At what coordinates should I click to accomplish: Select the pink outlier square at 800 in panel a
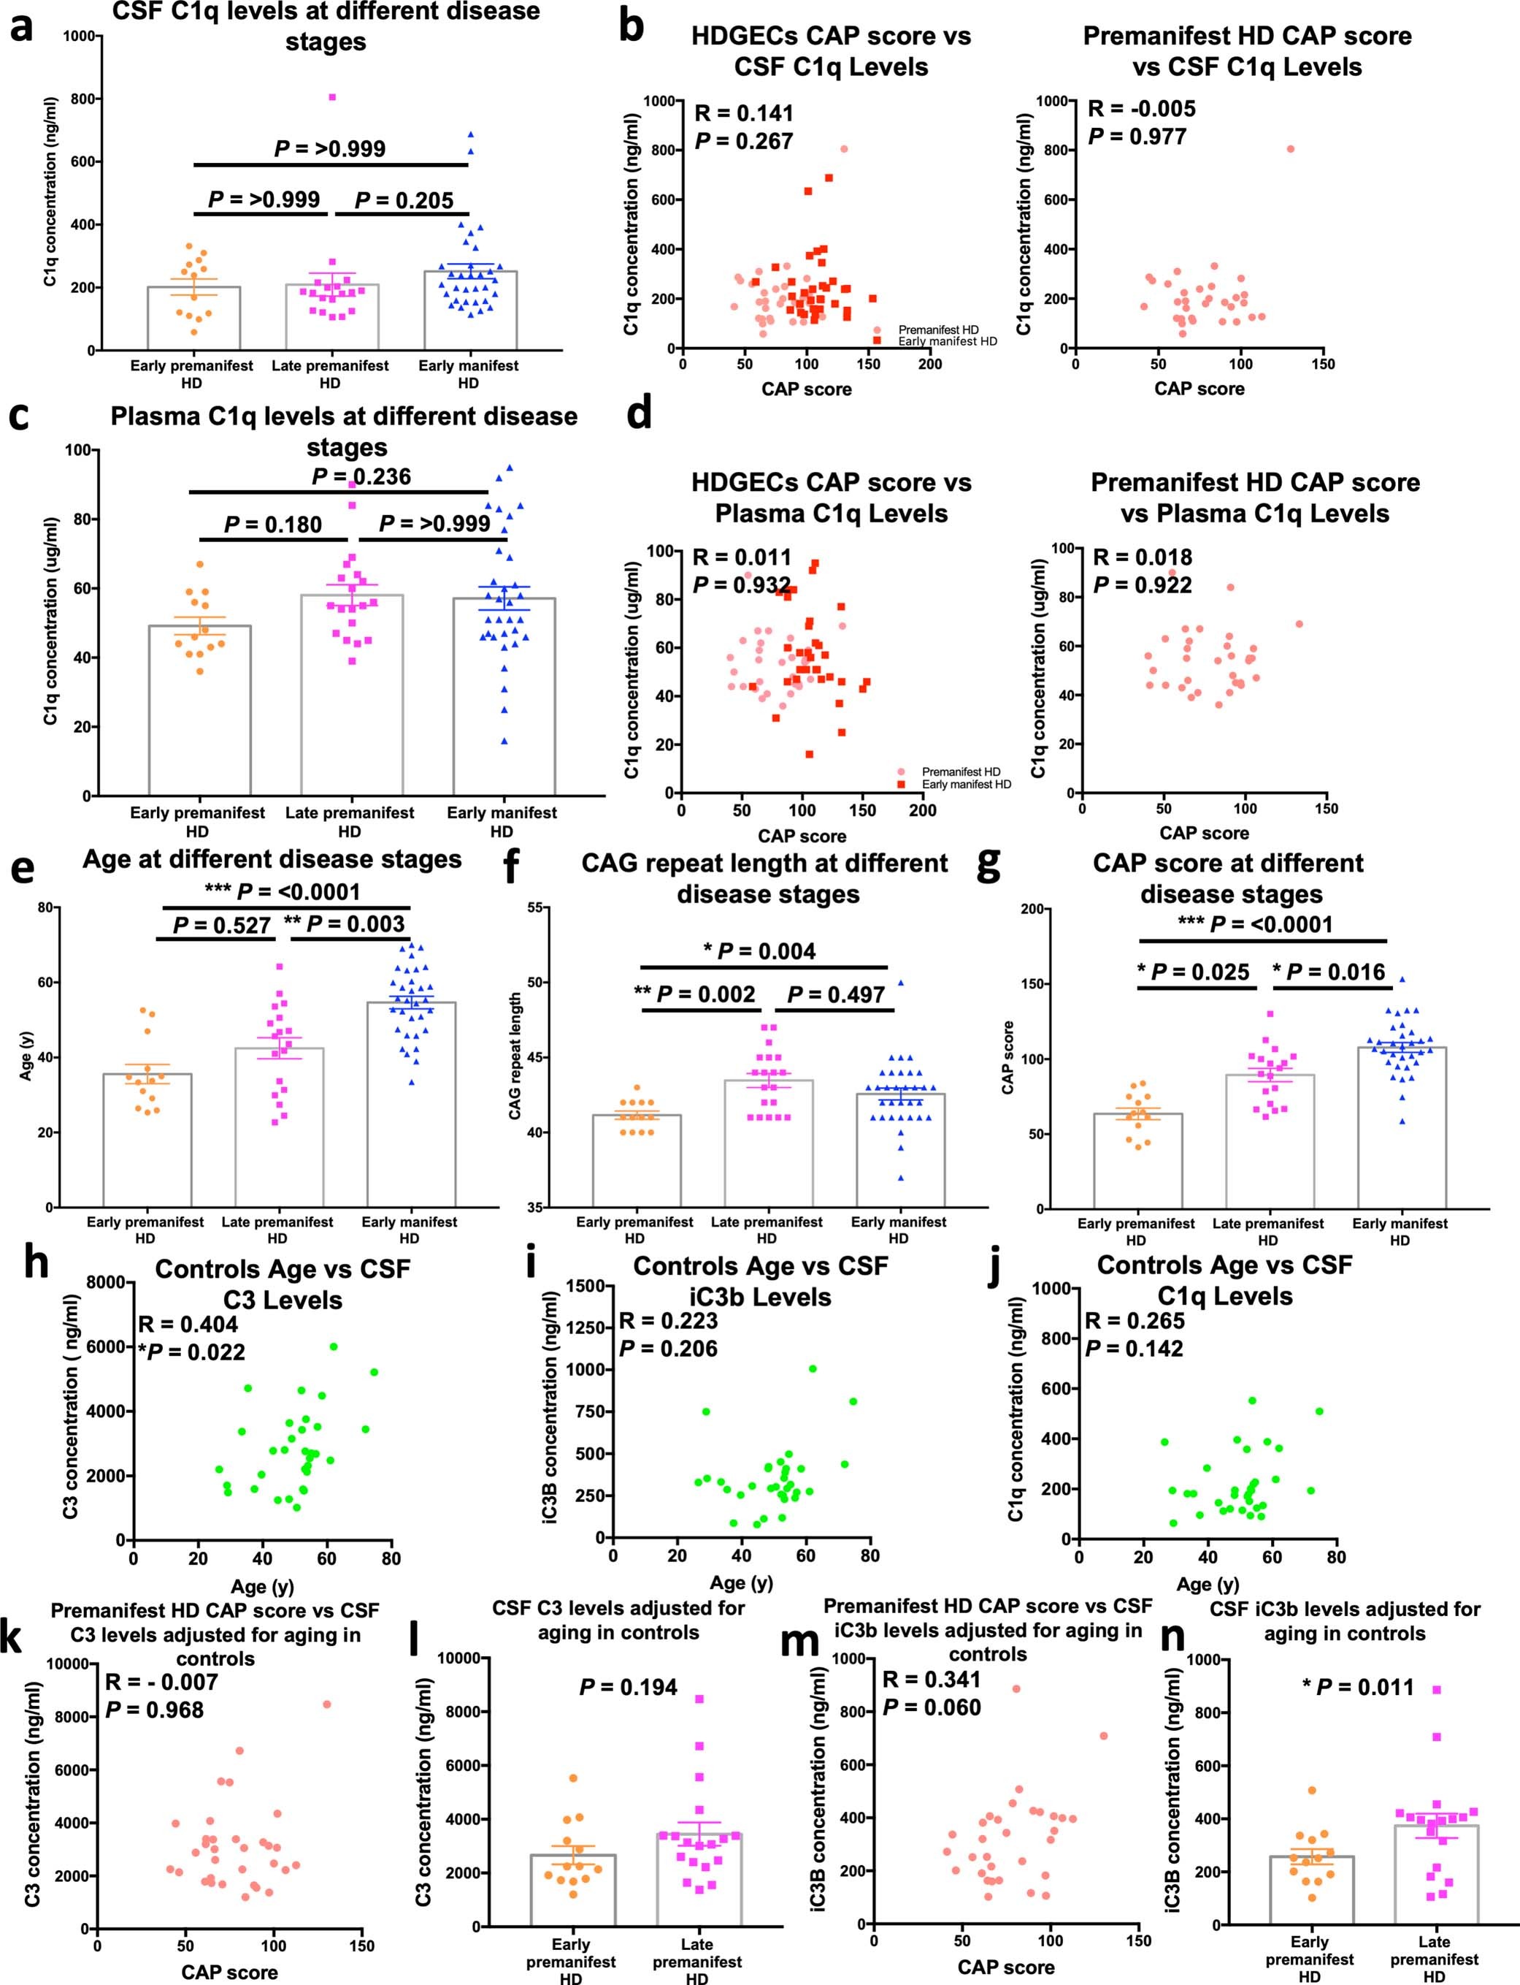(332, 97)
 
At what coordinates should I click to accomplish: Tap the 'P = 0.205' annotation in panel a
(404, 200)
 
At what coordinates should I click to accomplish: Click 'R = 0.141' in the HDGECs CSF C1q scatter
(744, 113)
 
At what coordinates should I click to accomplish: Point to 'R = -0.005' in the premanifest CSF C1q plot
(1142, 109)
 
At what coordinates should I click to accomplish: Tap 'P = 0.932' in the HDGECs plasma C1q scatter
(742, 586)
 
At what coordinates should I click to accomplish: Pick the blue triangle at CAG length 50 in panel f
(900, 982)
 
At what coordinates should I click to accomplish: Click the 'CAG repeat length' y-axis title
(515, 1056)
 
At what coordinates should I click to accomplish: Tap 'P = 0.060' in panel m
(932, 1707)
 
